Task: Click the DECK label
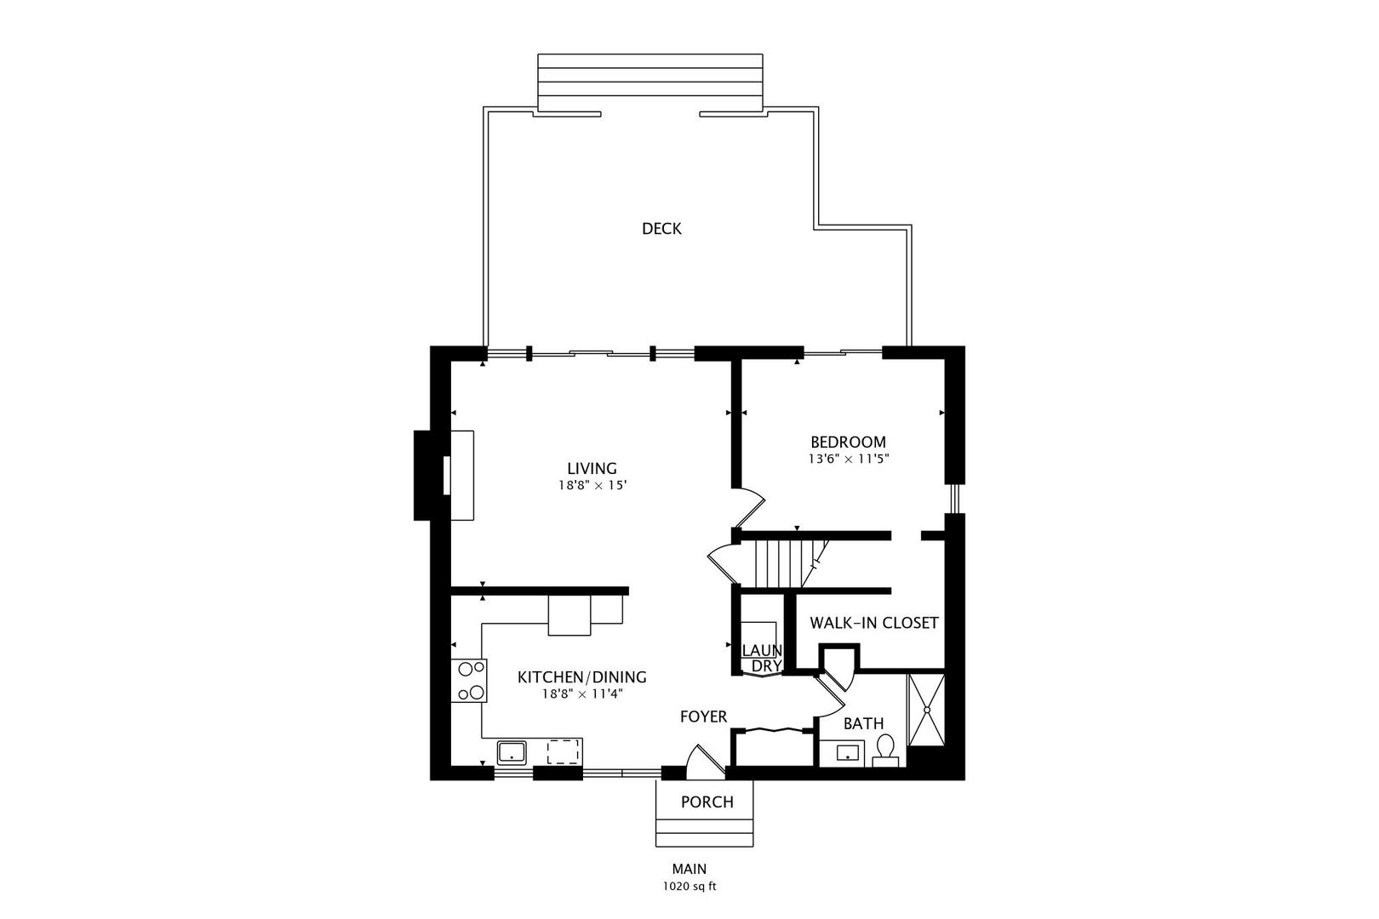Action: (661, 229)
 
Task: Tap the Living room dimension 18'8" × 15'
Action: (592, 486)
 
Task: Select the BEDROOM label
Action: (848, 442)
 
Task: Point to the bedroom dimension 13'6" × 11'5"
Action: (848, 459)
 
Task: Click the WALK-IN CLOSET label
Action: (873, 623)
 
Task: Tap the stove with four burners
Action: (468, 681)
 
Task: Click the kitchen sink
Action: (512, 752)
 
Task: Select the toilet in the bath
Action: (885, 750)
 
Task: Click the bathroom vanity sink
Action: (846, 753)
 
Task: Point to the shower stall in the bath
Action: (926, 709)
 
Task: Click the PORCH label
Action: (707, 802)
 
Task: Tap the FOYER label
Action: (703, 717)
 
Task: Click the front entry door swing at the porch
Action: (704, 762)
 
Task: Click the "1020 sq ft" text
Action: (689, 887)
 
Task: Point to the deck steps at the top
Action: (649, 83)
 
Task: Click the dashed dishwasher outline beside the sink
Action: (564, 752)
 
